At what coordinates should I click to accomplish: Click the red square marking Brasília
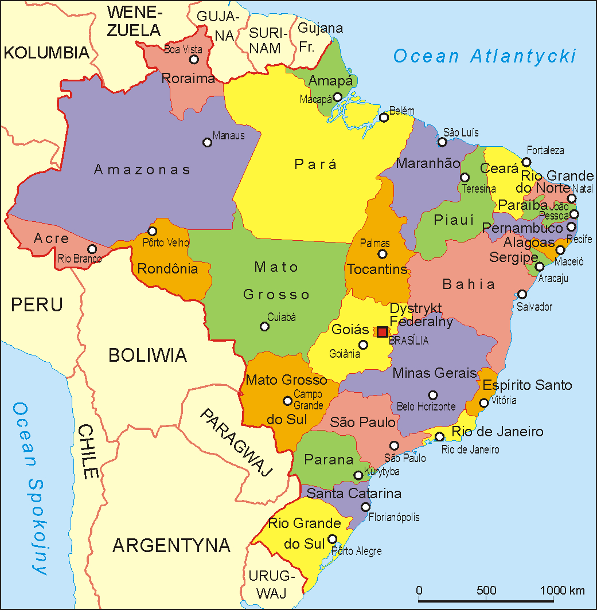point(383,332)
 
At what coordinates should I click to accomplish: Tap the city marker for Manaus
point(208,142)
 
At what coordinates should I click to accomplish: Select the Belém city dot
point(384,118)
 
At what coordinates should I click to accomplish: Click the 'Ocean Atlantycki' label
point(484,56)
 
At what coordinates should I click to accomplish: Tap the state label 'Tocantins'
point(377,269)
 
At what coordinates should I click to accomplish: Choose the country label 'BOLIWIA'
point(147,355)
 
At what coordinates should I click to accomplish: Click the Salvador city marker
point(522,294)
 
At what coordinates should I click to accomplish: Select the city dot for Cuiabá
point(264,326)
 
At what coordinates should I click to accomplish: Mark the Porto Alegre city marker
point(332,539)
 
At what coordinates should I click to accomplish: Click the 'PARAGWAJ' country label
point(236,443)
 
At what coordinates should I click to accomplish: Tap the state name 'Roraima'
point(188,79)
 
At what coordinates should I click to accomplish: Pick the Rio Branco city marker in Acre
point(92,249)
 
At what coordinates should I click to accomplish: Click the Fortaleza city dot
point(526,162)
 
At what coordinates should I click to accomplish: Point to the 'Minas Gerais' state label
point(435,373)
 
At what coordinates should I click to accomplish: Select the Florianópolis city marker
point(365,507)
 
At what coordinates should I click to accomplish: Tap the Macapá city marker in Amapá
point(338,97)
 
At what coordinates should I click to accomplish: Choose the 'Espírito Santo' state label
point(527,385)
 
